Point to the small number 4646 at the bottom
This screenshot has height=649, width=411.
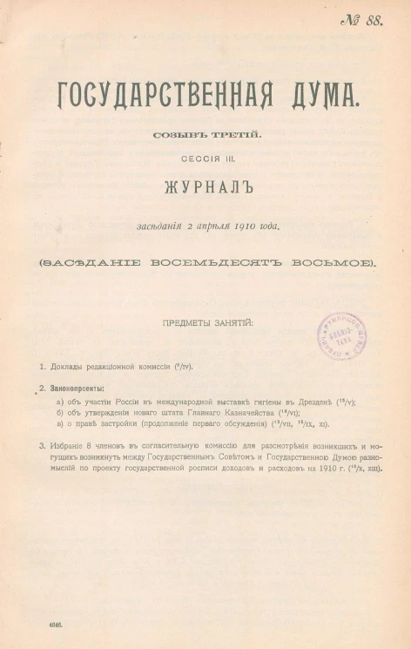[x=43, y=625]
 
